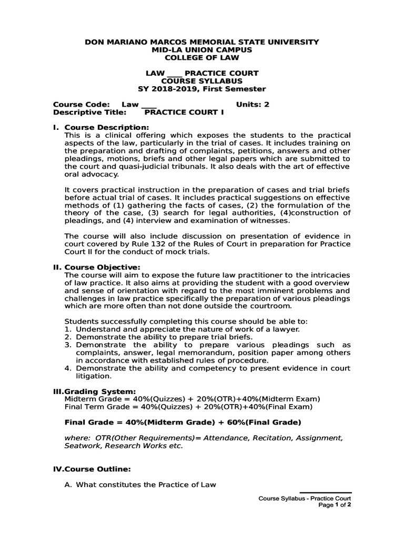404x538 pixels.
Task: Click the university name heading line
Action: [202, 42]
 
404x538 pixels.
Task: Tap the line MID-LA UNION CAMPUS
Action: [202, 49]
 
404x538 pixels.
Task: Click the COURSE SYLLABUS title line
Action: [202, 81]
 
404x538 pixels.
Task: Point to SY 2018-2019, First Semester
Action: [202, 89]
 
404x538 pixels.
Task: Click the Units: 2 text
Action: [252, 105]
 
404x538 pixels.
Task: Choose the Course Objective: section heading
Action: [102, 267]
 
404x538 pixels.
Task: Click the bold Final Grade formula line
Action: [182, 422]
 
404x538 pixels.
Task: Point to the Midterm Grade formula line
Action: [192, 399]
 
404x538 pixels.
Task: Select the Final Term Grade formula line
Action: [188, 407]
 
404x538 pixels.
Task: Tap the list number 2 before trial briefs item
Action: [67, 337]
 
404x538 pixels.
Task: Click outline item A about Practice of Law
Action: [140, 484]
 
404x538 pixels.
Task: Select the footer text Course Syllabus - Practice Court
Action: [305, 498]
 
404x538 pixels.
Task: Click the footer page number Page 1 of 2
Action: [335, 505]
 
